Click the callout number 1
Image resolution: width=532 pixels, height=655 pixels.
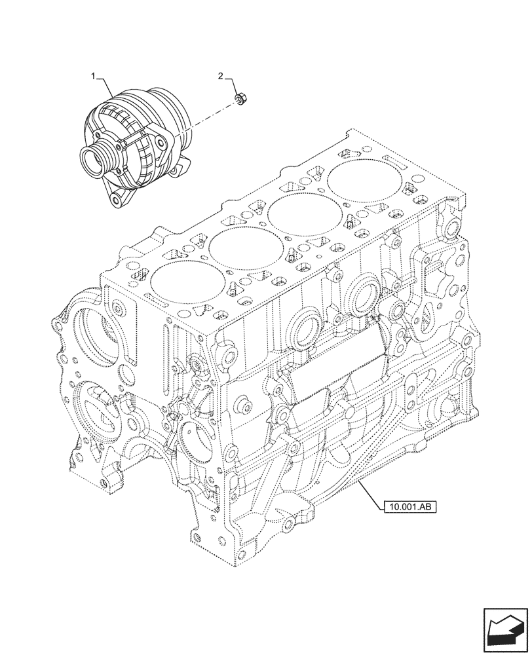94,77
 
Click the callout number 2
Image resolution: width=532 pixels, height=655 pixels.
221,77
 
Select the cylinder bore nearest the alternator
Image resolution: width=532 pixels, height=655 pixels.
178,282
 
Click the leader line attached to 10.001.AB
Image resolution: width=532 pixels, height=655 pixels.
370,495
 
